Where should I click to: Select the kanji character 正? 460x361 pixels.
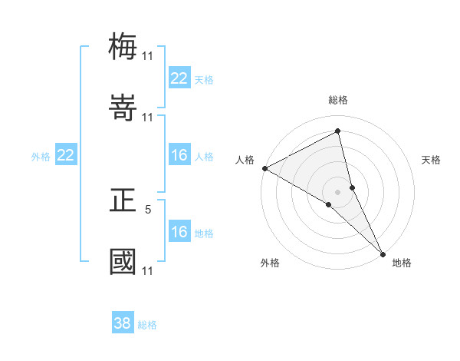123,200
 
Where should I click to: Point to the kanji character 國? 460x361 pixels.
123,261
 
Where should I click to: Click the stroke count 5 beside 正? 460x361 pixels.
149,208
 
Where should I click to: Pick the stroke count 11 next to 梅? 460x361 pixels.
147,56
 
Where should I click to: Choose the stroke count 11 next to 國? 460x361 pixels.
147,270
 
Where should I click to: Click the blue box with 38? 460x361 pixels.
123,323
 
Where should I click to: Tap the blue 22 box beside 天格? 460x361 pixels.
179,78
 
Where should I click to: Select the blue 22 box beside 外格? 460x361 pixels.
66,156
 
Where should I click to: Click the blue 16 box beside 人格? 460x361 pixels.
179,156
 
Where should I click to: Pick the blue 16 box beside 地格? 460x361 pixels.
179,233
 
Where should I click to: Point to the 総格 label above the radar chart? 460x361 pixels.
338,100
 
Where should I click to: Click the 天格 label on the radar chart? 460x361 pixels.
432,160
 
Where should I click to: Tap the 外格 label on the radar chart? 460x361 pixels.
270,263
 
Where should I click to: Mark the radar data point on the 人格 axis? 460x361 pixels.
264,168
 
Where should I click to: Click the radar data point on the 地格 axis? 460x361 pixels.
383,253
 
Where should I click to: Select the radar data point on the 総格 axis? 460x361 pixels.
338,131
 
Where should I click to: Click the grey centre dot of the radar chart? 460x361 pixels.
338,191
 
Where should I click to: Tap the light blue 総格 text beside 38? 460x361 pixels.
147,325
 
